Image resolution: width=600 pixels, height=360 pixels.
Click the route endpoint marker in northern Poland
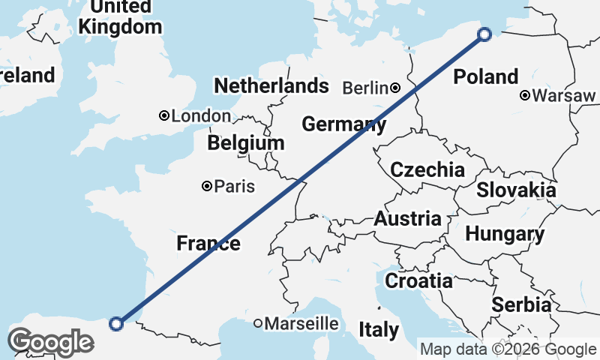click(484, 34)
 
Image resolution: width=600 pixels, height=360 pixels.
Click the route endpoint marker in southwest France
click(116, 323)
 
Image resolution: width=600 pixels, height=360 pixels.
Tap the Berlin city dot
click(395, 88)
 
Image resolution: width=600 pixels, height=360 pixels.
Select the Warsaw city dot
click(525, 95)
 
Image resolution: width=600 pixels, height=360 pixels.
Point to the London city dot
click(163, 115)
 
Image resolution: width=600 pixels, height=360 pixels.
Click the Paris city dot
click(206, 186)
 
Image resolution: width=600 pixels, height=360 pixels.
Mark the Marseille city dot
click(258, 324)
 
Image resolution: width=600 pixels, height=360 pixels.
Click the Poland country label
click(486, 76)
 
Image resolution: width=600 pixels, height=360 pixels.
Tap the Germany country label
click(344, 124)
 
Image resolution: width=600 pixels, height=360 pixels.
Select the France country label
click(208, 243)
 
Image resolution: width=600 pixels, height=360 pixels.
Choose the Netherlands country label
click(271, 85)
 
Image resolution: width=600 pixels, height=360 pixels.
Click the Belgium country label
click(247, 142)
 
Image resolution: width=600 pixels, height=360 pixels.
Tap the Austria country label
click(407, 219)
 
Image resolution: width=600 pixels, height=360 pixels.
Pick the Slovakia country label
click(516, 190)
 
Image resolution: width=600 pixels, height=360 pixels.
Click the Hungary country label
click(505, 234)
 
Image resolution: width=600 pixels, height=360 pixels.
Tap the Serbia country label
click(521, 305)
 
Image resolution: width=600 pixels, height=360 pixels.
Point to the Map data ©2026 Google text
click(507, 349)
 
